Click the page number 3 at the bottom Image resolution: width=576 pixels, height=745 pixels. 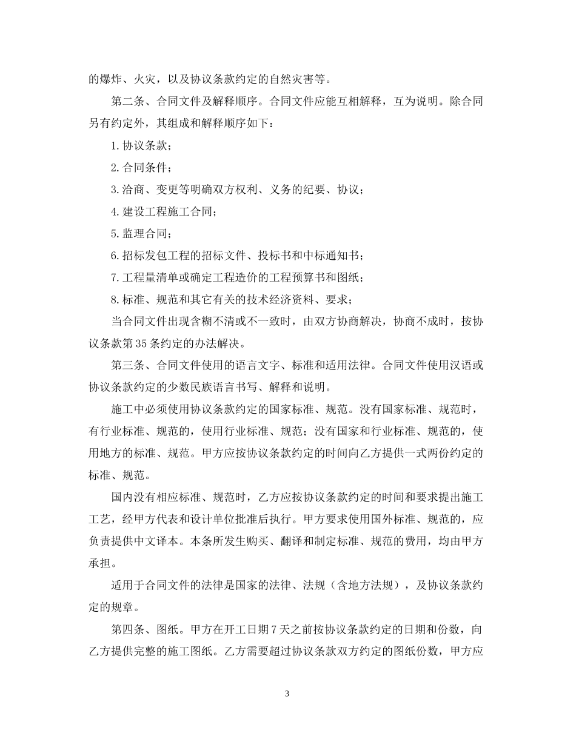287,694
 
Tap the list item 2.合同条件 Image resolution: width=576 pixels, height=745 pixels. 141,167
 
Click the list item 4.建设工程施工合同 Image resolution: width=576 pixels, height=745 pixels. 163,211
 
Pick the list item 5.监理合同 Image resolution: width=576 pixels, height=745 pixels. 141,233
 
